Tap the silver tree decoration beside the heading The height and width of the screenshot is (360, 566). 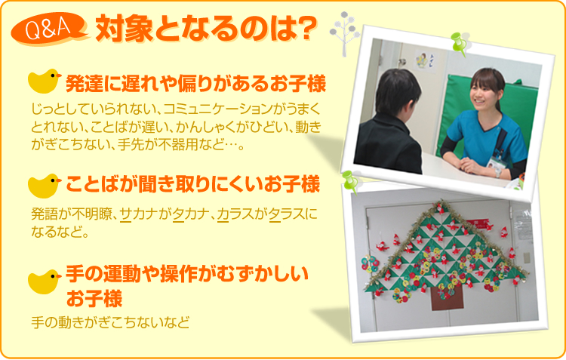tap(345, 33)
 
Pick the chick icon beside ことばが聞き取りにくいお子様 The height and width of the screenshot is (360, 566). tap(44, 186)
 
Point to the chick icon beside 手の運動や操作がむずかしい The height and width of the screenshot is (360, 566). tap(44, 282)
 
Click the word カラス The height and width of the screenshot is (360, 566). tap(235, 214)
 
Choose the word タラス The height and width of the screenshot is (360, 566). tap(288, 214)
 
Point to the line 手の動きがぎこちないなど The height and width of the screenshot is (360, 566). tap(110, 322)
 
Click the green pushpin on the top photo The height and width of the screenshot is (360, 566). tap(459, 44)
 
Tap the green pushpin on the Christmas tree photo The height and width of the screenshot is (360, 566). tap(349, 182)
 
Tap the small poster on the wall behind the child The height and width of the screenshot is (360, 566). tap(424, 60)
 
